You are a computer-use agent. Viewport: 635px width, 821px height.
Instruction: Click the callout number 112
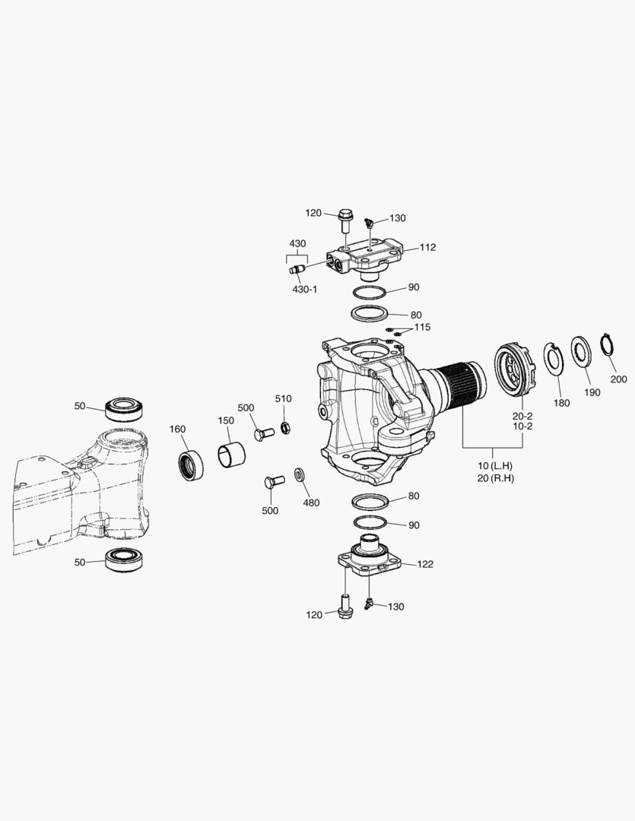427,247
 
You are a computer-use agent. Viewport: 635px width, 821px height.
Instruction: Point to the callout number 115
422,327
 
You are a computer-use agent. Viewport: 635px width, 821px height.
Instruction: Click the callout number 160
177,430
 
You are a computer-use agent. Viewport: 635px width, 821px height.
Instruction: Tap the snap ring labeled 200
607,344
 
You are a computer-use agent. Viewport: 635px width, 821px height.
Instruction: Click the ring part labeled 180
555,360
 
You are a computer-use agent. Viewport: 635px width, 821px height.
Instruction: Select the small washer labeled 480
298,475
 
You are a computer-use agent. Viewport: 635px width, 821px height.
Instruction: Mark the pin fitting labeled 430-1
297,270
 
